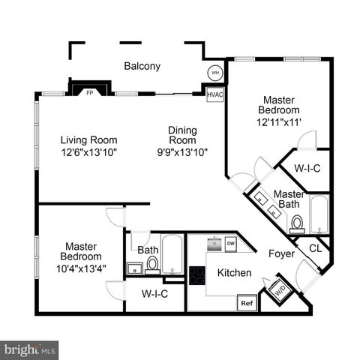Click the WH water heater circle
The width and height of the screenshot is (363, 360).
pos(215,73)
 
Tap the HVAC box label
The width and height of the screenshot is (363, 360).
pos(215,94)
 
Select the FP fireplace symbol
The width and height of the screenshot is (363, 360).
pos(90,92)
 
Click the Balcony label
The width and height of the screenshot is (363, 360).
pos(142,66)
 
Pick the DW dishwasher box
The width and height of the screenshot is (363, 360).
pos(230,244)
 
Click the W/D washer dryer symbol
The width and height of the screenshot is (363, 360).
pos(278,289)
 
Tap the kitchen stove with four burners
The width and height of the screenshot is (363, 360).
pos(197,275)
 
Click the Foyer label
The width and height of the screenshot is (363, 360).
pos(282,253)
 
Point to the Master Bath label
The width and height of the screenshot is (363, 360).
pos(289,199)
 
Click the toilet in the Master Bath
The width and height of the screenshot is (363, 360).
pos(296,223)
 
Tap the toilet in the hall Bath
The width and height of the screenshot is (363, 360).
pos(152,263)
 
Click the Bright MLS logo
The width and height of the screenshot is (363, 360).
pos(30,349)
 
